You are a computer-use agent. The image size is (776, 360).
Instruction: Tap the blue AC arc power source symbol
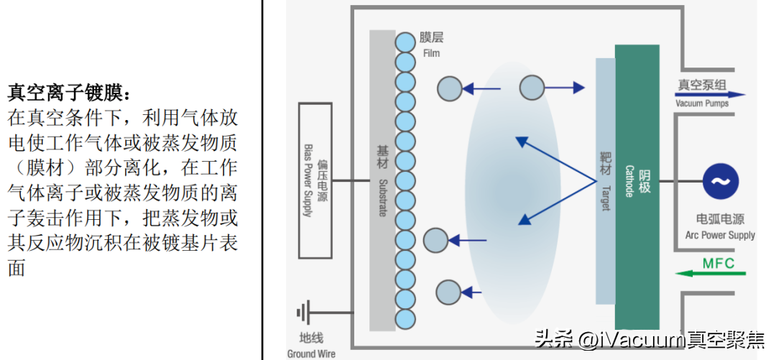721,182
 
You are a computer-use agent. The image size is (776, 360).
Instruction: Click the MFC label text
719,263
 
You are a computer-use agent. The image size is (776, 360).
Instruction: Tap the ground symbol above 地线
304,314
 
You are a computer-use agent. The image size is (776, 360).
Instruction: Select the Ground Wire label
311,354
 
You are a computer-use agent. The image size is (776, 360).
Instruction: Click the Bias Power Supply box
314,180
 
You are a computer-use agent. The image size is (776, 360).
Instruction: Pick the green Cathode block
637,185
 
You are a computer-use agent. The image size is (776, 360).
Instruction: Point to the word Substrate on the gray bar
383,198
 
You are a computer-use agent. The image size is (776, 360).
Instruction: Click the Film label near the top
431,53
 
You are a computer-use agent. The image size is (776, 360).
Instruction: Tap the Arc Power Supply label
720,235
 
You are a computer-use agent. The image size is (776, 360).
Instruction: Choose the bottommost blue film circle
406,318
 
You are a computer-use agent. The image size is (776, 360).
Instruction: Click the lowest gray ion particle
449,292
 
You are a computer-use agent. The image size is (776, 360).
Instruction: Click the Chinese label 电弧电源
720,219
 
